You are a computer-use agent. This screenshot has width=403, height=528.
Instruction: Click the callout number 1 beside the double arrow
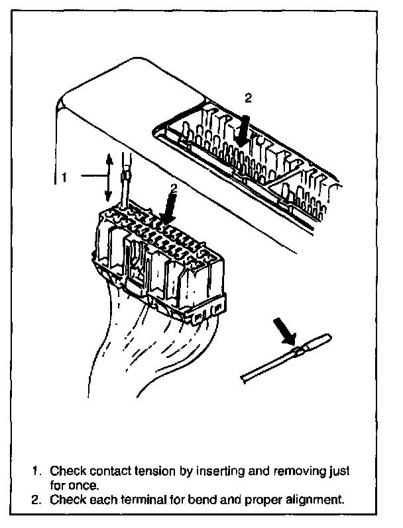[64, 177]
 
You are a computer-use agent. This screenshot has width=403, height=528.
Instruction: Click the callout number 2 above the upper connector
[248, 98]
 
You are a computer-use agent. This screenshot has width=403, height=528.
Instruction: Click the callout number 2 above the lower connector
[174, 188]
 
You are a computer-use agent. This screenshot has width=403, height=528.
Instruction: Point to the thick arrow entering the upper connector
[243, 128]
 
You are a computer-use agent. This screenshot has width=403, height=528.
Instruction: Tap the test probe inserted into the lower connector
[124, 185]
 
